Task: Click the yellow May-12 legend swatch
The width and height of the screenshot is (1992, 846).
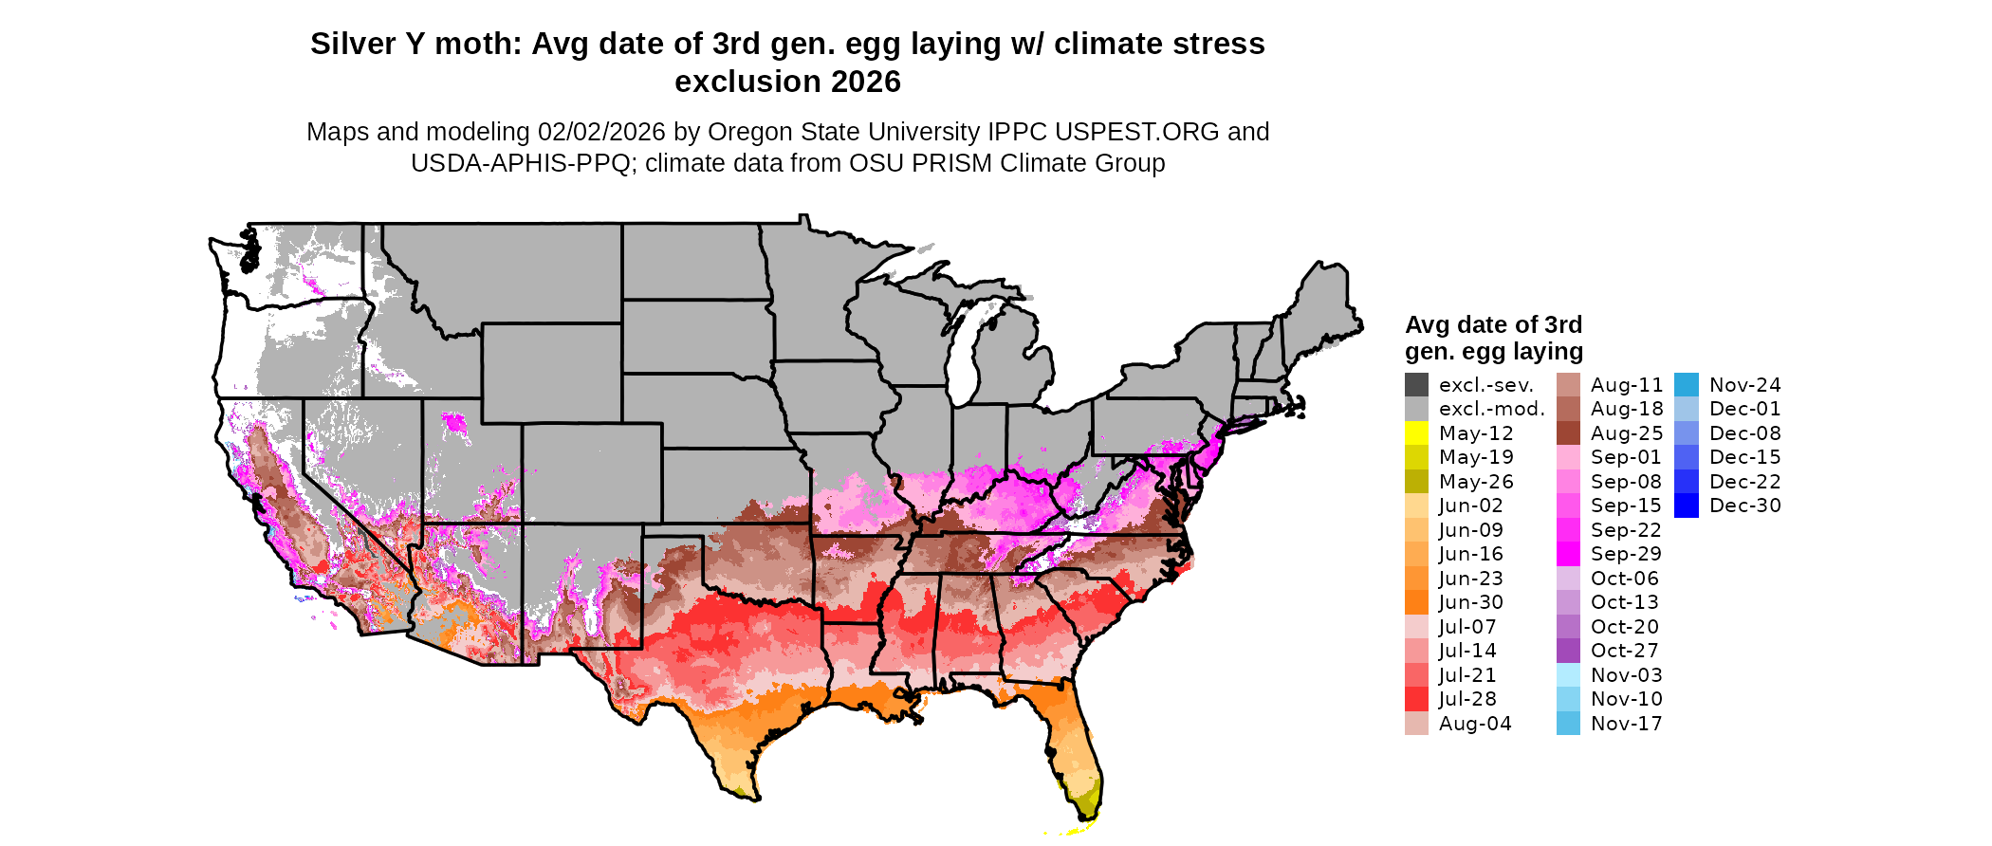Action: pyautogui.click(x=1416, y=433)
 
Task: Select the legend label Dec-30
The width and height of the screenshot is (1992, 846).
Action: pyautogui.click(x=1744, y=506)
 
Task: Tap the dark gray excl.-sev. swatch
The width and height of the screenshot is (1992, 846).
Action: pyautogui.click(x=1416, y=385)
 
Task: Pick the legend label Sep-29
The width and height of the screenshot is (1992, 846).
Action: pyautogui.click(x=1626, y=554)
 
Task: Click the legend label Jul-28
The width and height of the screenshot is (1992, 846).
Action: pyautogui.click(x=1467, y=699)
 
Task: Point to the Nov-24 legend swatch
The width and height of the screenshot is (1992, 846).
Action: pyautogui.click(x=1687, y=385)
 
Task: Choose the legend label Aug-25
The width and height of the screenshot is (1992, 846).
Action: pyautogui.click(x=1627, y=433)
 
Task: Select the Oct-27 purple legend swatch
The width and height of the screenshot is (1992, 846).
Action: pyautogui.click(x=1569, y=651)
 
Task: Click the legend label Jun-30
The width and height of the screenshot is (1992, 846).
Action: pyautogui.click(x=1470, y=602)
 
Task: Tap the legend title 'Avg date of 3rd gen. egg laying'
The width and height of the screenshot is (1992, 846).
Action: pyautogui.click(x=1493, y=339)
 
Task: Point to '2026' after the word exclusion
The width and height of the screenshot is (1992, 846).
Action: pyautogui.click(x=866, y=83)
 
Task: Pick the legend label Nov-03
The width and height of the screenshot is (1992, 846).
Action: pyautogui.click(x=1626, y=675)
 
